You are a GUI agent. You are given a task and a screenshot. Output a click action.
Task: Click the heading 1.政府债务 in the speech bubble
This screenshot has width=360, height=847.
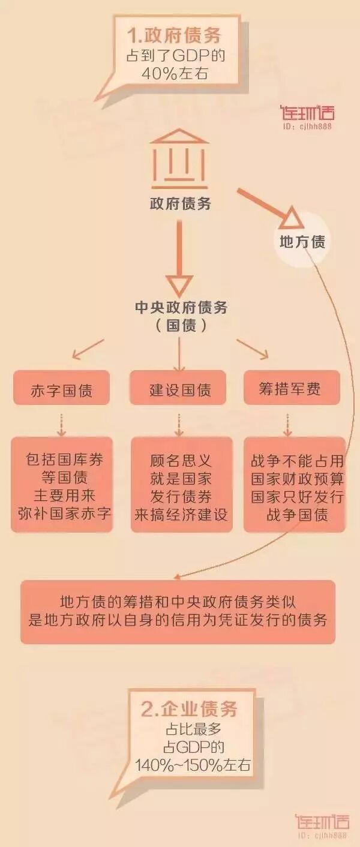coord(174,35)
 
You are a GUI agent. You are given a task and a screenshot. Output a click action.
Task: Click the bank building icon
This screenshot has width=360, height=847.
coord(179,158)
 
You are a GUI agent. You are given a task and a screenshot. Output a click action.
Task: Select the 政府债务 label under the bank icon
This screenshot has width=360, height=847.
coord(180,204)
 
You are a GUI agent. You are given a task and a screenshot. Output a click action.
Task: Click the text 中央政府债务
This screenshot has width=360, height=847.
coord(180,308)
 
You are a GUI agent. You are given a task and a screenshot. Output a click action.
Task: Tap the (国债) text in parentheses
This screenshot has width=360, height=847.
coord(180,326)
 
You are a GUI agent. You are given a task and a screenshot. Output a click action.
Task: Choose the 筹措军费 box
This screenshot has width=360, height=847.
coord(291,389)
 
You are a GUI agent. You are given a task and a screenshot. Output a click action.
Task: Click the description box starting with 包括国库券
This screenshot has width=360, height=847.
coord(61,485)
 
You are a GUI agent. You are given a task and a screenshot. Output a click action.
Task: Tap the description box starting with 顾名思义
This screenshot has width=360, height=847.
coord(181,485)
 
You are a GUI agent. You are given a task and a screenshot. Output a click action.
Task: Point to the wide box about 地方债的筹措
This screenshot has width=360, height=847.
coord(178,611)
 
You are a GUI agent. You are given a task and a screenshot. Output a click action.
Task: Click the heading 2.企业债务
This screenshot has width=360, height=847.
coord(190,710)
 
